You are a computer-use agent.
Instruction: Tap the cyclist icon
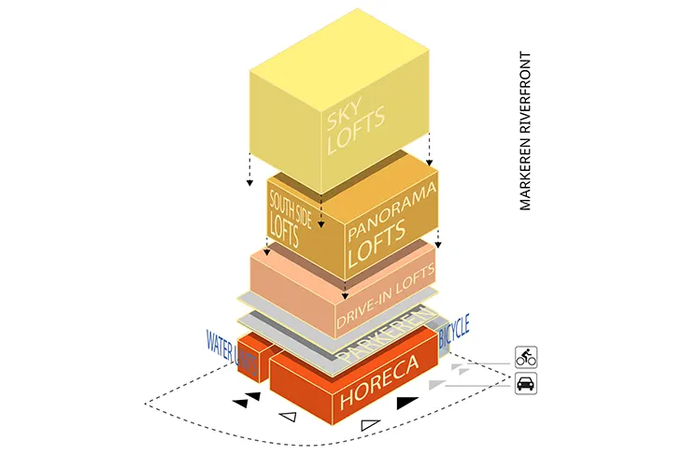(x=526, y=356)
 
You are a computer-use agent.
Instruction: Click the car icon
(x=526, y=382)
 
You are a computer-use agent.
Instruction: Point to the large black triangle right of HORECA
(x=407, y=403)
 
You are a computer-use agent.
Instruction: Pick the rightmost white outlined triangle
(x=372, y=426)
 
